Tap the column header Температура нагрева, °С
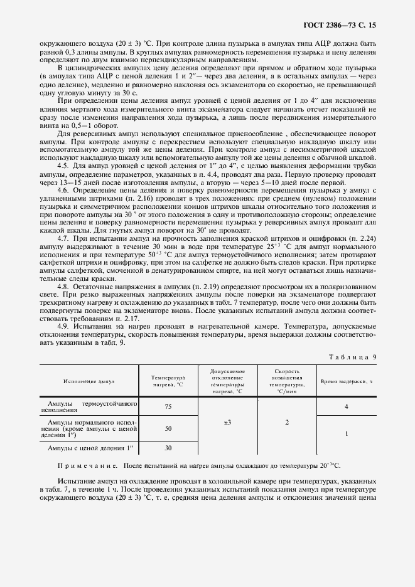pos(168,381)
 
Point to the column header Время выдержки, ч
pos(347,381)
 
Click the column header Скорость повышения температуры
pos(287,381)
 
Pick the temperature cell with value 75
pos(168,406)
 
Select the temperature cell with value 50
pos(168,428)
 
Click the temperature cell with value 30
pos(168,448)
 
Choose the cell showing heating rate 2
pos(287,423)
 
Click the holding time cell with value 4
pos(347,406)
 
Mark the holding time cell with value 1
pos(347,433)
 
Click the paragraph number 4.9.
pos(63,327)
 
